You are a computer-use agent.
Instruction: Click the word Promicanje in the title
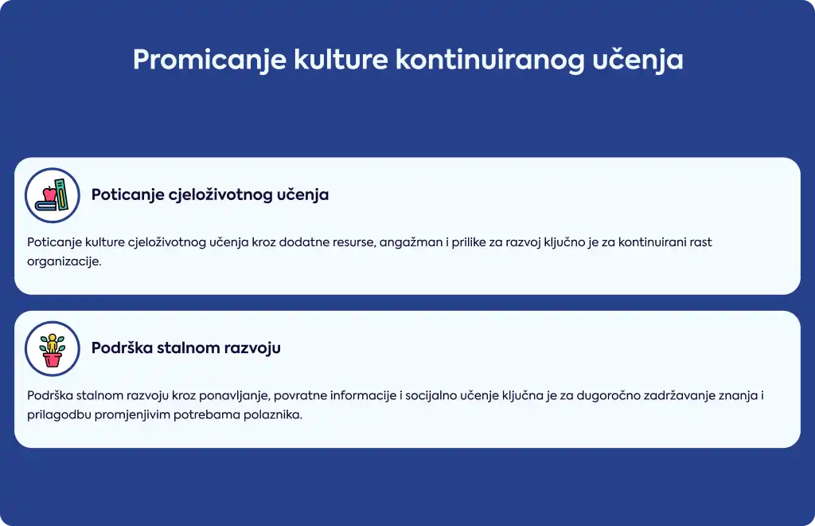(x=209, y=60)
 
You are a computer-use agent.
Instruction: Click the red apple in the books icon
(x=49, y=194)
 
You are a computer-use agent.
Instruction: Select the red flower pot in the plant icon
(x=52, y=359)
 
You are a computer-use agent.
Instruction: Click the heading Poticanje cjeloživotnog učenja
(x=210, y=194)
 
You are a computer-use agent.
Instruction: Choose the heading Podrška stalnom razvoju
(x=186, y=347)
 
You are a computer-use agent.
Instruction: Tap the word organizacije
(x=64, y=261)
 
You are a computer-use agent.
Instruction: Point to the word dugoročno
(x=608, y=395)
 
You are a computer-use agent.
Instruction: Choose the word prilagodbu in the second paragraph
(x=59, y=414)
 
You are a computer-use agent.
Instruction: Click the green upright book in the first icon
(x=62, y=194)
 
